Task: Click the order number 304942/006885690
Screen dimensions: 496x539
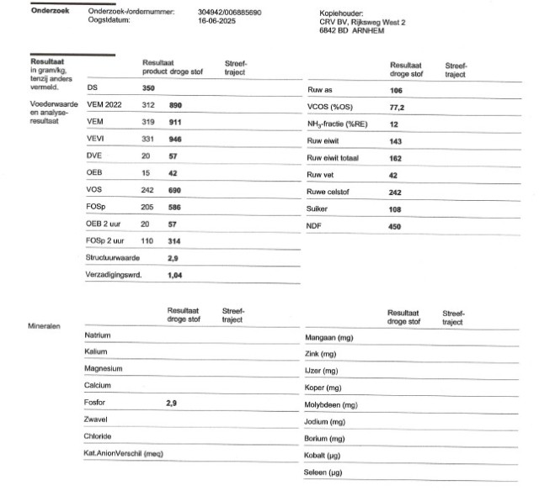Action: coord(229,13)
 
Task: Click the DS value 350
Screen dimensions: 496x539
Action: coord(148,87)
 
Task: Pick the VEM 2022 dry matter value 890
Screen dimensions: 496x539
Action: coord(176,105)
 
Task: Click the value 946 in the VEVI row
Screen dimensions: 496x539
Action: coord(176,138)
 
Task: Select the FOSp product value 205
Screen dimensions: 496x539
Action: coord(148,206)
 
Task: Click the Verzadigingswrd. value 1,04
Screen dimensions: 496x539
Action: coord(174,275)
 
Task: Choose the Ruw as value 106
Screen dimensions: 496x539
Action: coord(397,90)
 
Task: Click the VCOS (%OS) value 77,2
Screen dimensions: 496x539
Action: coord(398,107)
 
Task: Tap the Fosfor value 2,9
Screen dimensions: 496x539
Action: coord(172,403)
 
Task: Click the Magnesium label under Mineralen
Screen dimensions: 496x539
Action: coord(104,369)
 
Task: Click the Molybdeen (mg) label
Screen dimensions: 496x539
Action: coord(331,404)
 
